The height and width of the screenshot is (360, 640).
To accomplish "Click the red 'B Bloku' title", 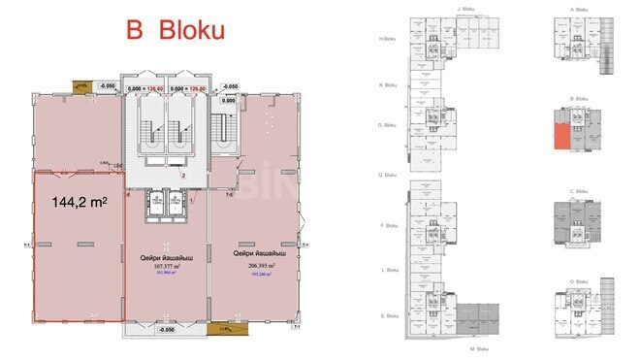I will [176, 30].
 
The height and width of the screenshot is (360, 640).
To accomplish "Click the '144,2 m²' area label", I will [78, 204].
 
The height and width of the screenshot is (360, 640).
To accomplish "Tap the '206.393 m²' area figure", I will [253, 264].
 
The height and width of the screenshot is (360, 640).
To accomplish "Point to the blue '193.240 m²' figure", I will [253, 274].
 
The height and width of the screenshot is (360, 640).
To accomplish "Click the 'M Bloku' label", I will [477, 347].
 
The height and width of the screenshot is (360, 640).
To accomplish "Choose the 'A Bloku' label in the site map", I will [580, 9].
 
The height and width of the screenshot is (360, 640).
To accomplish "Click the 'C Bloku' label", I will [580, 192].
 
